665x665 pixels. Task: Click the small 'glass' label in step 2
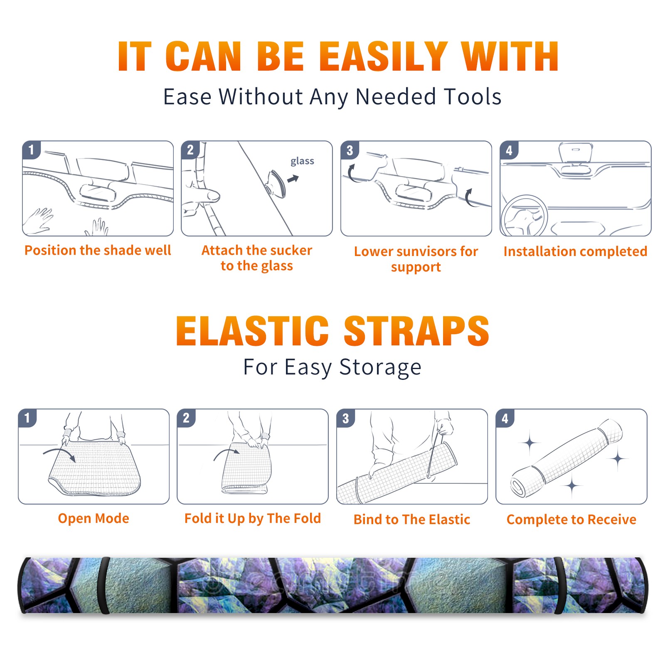click(x=302, y=161)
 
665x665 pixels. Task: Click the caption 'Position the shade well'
click(x=98, y=250)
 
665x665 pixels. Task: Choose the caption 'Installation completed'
click(x=575, y=251)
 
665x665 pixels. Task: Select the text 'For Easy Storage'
click(x=332, y=367)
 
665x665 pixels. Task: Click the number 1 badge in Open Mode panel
click(x=27, y=418)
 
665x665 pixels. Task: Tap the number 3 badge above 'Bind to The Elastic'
click(x=346, y=418)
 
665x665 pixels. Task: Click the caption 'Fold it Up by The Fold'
click(x=253, y=518)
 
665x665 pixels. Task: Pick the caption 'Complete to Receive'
click(x=571, y=520)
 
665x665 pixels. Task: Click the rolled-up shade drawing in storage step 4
click(x=566, y=458)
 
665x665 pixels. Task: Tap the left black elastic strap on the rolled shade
click(x=103, y=585)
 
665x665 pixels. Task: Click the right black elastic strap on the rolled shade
click(x=559, y=585)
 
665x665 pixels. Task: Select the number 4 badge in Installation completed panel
click(x=509, y=150)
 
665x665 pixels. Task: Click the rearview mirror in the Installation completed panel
click(x=575, y=153)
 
